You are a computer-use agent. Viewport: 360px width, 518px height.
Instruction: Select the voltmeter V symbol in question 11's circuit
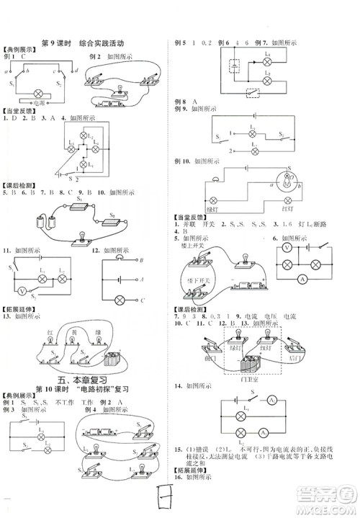[x=21, y=291]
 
